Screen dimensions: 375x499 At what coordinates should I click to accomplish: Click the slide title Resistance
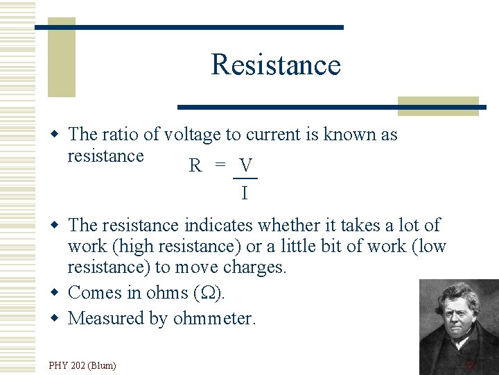(x=276, y=65)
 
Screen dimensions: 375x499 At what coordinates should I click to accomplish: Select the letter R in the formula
(x=195, y=166)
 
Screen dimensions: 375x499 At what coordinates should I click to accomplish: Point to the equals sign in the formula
(x=220, y=165)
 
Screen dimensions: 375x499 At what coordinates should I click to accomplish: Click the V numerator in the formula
(x=245, y=165)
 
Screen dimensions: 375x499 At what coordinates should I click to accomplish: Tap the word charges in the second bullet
(x=255, y=267)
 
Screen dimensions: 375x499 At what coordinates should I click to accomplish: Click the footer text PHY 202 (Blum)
(x=82, y=365)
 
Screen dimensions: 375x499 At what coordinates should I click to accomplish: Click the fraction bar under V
(x=245, y=178)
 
